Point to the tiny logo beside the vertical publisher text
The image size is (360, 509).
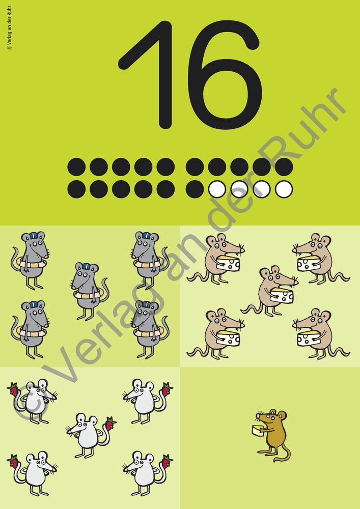(x=9, y=48)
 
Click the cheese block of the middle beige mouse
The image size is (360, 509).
(x=282, y=295)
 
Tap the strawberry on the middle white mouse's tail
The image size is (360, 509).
(x=110, y=423)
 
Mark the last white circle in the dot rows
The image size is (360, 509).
(x=284, y=189)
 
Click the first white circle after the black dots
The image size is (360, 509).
(x=217, y=189)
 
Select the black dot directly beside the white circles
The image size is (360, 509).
(x=195, y=189)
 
